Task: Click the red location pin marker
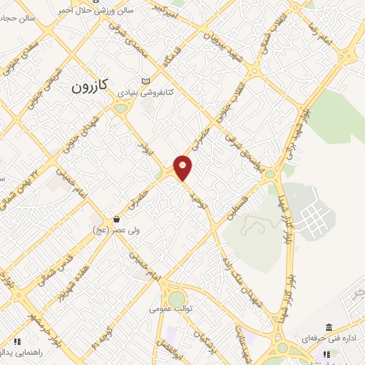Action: [183, 168]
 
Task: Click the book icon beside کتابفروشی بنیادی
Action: [146, 81]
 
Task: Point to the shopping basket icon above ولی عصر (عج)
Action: [115, 218]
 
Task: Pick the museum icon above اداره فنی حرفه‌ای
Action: [329, 324]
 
